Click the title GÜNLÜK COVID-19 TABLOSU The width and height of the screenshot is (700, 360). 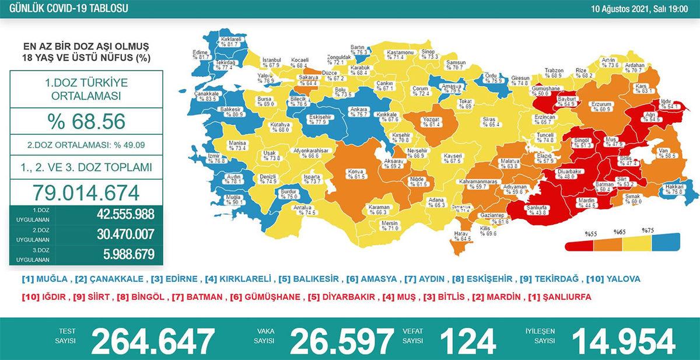click(64, 9)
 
